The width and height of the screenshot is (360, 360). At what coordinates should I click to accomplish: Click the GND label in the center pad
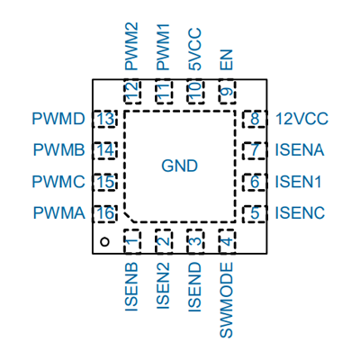pyautogui.click(x=179, y=166)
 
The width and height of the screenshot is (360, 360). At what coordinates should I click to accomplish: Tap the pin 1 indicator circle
pyautogui.click(x=104, y=242)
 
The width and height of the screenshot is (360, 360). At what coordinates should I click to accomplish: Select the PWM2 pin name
pyautogui.click(x=131, y=47)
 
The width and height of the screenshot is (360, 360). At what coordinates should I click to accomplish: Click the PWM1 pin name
pyautogui.click(x=163, y=48)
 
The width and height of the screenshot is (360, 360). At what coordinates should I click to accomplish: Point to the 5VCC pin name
pyautogui.click(x=195, y=49)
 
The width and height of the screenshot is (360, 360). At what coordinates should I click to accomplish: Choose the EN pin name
pyautogui.click(x=227, y=59)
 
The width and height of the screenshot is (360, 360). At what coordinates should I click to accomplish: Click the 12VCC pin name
pyautogui.click(x=302, y=119)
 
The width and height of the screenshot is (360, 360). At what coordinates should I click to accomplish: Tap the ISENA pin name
pyautogui.click(x=300, y=150)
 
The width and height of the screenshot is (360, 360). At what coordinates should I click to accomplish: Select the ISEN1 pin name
pyautogui.click(x=298, y=182)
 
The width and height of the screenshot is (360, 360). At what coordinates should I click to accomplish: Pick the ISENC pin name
pyautogui.click(x=300, y=212)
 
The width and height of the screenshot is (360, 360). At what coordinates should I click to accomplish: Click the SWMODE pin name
pyautogui.click(x=227, y=300)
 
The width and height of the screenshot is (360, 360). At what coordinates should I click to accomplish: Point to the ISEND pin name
pyautogui.click(x=194, y=287)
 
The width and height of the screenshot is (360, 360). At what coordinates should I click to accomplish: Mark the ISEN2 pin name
pyautogui.click(x=163, y=286)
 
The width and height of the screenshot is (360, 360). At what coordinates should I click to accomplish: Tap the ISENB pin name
pyautogui.click(x=131, y=287)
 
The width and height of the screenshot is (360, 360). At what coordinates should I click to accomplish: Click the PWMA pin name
pyautogui.click(x=59, y=212)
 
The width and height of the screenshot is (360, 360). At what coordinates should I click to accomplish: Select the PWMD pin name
pyautogui.click(x=58, y=119)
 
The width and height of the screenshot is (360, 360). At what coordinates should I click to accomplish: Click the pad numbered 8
pyautogui.click(x=255, y=119)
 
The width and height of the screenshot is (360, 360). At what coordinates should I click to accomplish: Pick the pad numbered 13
pyautogui.click(x=105, y=119)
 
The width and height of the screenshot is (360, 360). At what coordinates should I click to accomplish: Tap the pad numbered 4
pyautogui.click(x=227, y=241)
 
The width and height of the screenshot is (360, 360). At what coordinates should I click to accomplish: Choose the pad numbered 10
pyautogui.click(x=195, y=92)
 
